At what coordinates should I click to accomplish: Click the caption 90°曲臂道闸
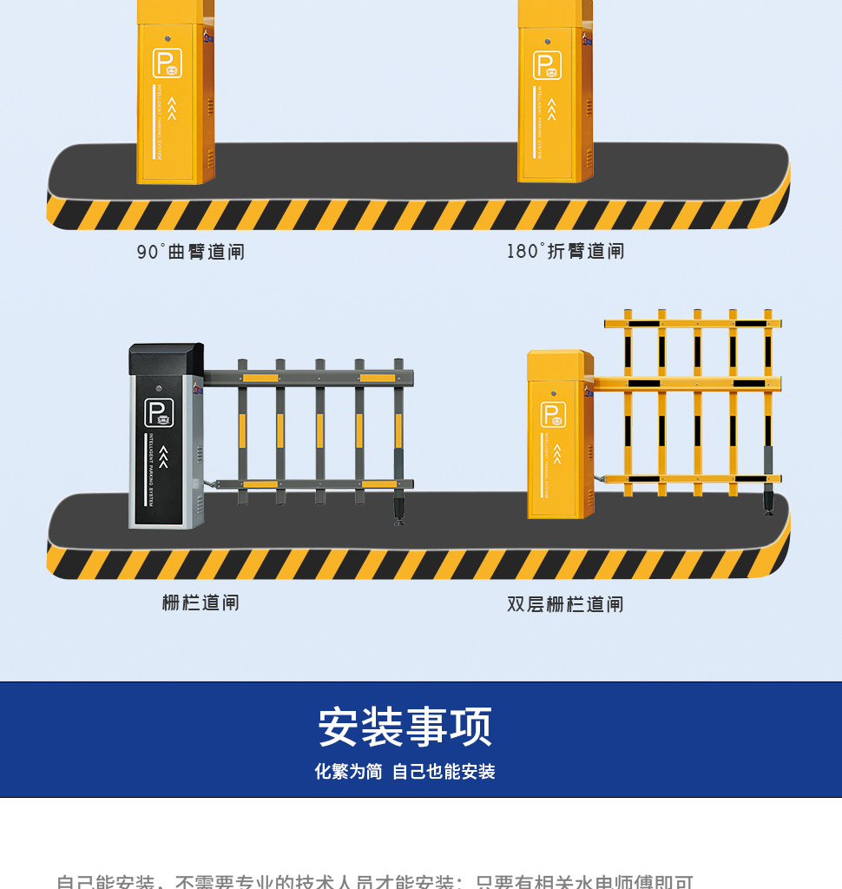click(x=191, y=252)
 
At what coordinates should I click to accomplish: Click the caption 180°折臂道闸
click(x=566, y=251)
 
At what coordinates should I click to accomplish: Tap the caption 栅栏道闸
click(x=201, y=603)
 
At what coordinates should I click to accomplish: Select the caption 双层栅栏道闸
click(x=565, y=604)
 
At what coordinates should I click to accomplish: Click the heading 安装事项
click(x=405, y=728)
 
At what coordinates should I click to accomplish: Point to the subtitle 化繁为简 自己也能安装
click(x=405, y=772)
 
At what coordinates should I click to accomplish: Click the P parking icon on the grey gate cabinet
click(x=159, y=412)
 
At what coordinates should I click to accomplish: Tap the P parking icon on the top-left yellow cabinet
click(x=167, y=63)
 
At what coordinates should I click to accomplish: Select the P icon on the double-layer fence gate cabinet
click(x=554, y=414)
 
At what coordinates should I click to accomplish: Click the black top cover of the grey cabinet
click(x=166, y=359)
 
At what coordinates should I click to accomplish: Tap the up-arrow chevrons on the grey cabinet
click(x=163, y=455)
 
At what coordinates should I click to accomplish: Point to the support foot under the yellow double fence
click(x=769, y=502)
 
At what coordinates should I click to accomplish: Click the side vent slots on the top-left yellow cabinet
click(x=209, y=107)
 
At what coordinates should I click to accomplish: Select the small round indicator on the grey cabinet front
click(x=158, y=389)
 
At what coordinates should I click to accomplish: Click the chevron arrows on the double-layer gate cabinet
click(x=557, y=454)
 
